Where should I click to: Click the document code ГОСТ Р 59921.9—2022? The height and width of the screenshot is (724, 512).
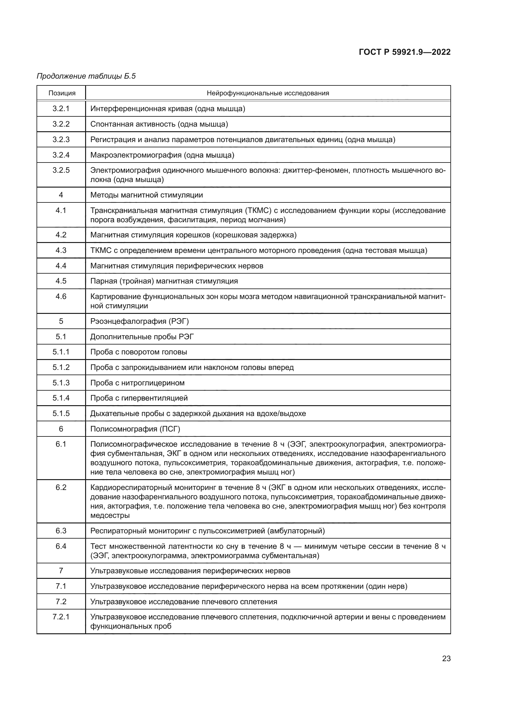coord(405,52)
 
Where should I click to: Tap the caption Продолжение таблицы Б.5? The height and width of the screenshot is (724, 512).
coord(86,76)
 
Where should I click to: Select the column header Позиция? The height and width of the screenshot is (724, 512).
coord(62,93)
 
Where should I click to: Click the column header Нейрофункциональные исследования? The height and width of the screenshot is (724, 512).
coord(268,93)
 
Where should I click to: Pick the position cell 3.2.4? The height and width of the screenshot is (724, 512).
coord(61,155)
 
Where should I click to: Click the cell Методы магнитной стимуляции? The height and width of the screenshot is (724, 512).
coord(147,195)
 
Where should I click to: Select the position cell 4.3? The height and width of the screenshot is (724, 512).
coord(61,250)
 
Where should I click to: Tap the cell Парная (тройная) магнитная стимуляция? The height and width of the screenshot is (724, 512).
coord(164,281)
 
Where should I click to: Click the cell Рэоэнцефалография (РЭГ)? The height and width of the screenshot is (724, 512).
coord(139,321)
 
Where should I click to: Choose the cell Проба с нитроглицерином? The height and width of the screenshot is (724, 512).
coord(137,383)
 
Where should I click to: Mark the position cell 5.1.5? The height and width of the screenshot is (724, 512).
coord(61,414)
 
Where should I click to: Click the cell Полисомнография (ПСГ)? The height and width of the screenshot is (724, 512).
coord(135,429)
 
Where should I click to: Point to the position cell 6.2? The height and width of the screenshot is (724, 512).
coord(61,488)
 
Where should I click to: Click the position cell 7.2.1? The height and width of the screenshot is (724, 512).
coord(61,617)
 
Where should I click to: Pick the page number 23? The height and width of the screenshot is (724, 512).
coord(446,658)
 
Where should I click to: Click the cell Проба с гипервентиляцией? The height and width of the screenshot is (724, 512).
coord(139,398)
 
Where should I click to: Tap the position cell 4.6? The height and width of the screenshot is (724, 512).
coord(61,297)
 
